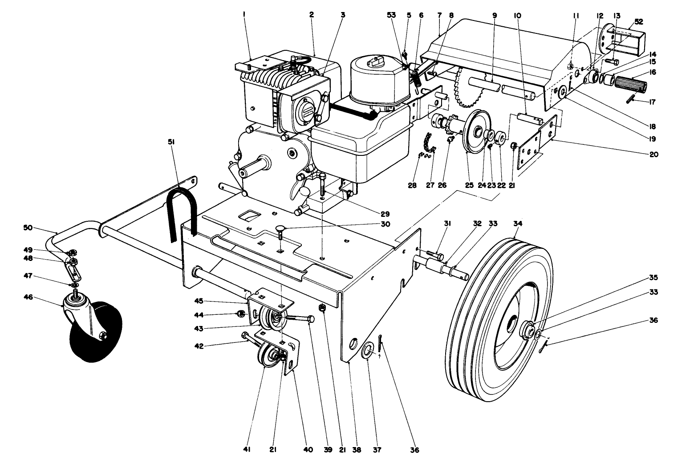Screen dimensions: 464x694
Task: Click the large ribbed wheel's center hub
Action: point(529,331)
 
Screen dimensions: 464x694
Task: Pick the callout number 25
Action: point(469,185)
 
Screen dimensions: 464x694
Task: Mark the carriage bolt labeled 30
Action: point(280,230)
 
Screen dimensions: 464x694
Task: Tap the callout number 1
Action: point(244,15)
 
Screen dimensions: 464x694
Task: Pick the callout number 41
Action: point(247,450)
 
